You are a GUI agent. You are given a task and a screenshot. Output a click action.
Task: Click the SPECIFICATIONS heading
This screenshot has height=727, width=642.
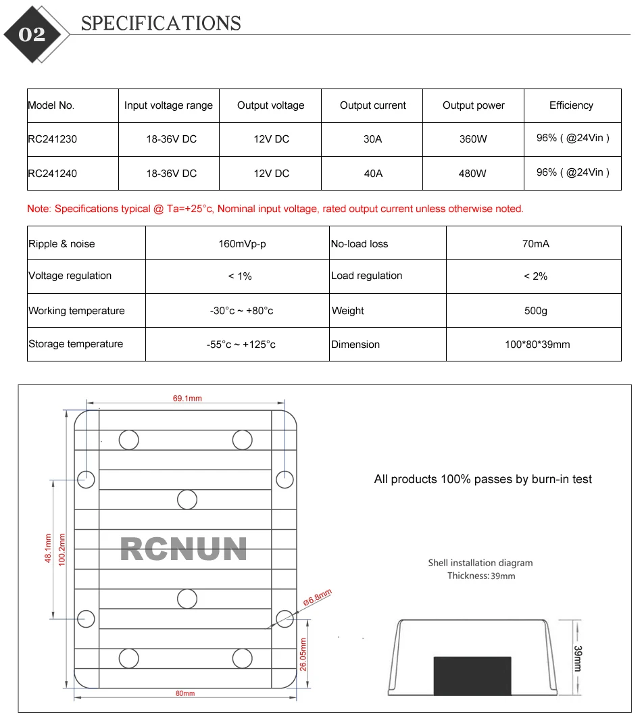pos(161,24)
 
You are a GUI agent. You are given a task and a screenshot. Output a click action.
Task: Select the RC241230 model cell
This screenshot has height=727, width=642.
pos(53,139)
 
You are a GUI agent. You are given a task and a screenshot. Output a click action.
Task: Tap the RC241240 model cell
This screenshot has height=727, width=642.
pos(53,173)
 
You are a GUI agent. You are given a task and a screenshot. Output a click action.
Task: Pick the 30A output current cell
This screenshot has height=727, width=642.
pos(372,139)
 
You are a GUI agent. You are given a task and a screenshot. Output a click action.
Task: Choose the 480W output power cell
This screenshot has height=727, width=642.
pos(472,173)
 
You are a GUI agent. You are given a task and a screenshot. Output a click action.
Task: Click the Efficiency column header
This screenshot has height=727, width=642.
pos(571,105)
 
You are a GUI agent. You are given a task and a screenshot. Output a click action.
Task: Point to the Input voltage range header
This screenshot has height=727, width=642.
pos(168,105)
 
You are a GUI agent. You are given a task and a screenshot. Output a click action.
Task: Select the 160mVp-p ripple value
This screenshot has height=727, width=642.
pos(242,243)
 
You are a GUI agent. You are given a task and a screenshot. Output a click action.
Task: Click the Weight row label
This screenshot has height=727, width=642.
pos(348,311)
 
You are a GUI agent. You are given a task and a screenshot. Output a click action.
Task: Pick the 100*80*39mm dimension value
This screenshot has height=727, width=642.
pos(537,345)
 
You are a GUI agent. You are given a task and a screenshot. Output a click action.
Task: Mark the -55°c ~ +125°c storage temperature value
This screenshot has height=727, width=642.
pos(241,345)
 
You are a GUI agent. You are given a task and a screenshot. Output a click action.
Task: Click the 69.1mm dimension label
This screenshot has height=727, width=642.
pos(187,399)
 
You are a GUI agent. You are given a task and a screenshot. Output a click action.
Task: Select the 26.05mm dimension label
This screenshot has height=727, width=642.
pos(303,654)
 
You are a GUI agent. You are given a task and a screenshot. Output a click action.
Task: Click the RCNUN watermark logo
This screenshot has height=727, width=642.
pos(184,549)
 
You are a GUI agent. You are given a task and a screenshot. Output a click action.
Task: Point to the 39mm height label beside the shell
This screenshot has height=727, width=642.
pos(578,657)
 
